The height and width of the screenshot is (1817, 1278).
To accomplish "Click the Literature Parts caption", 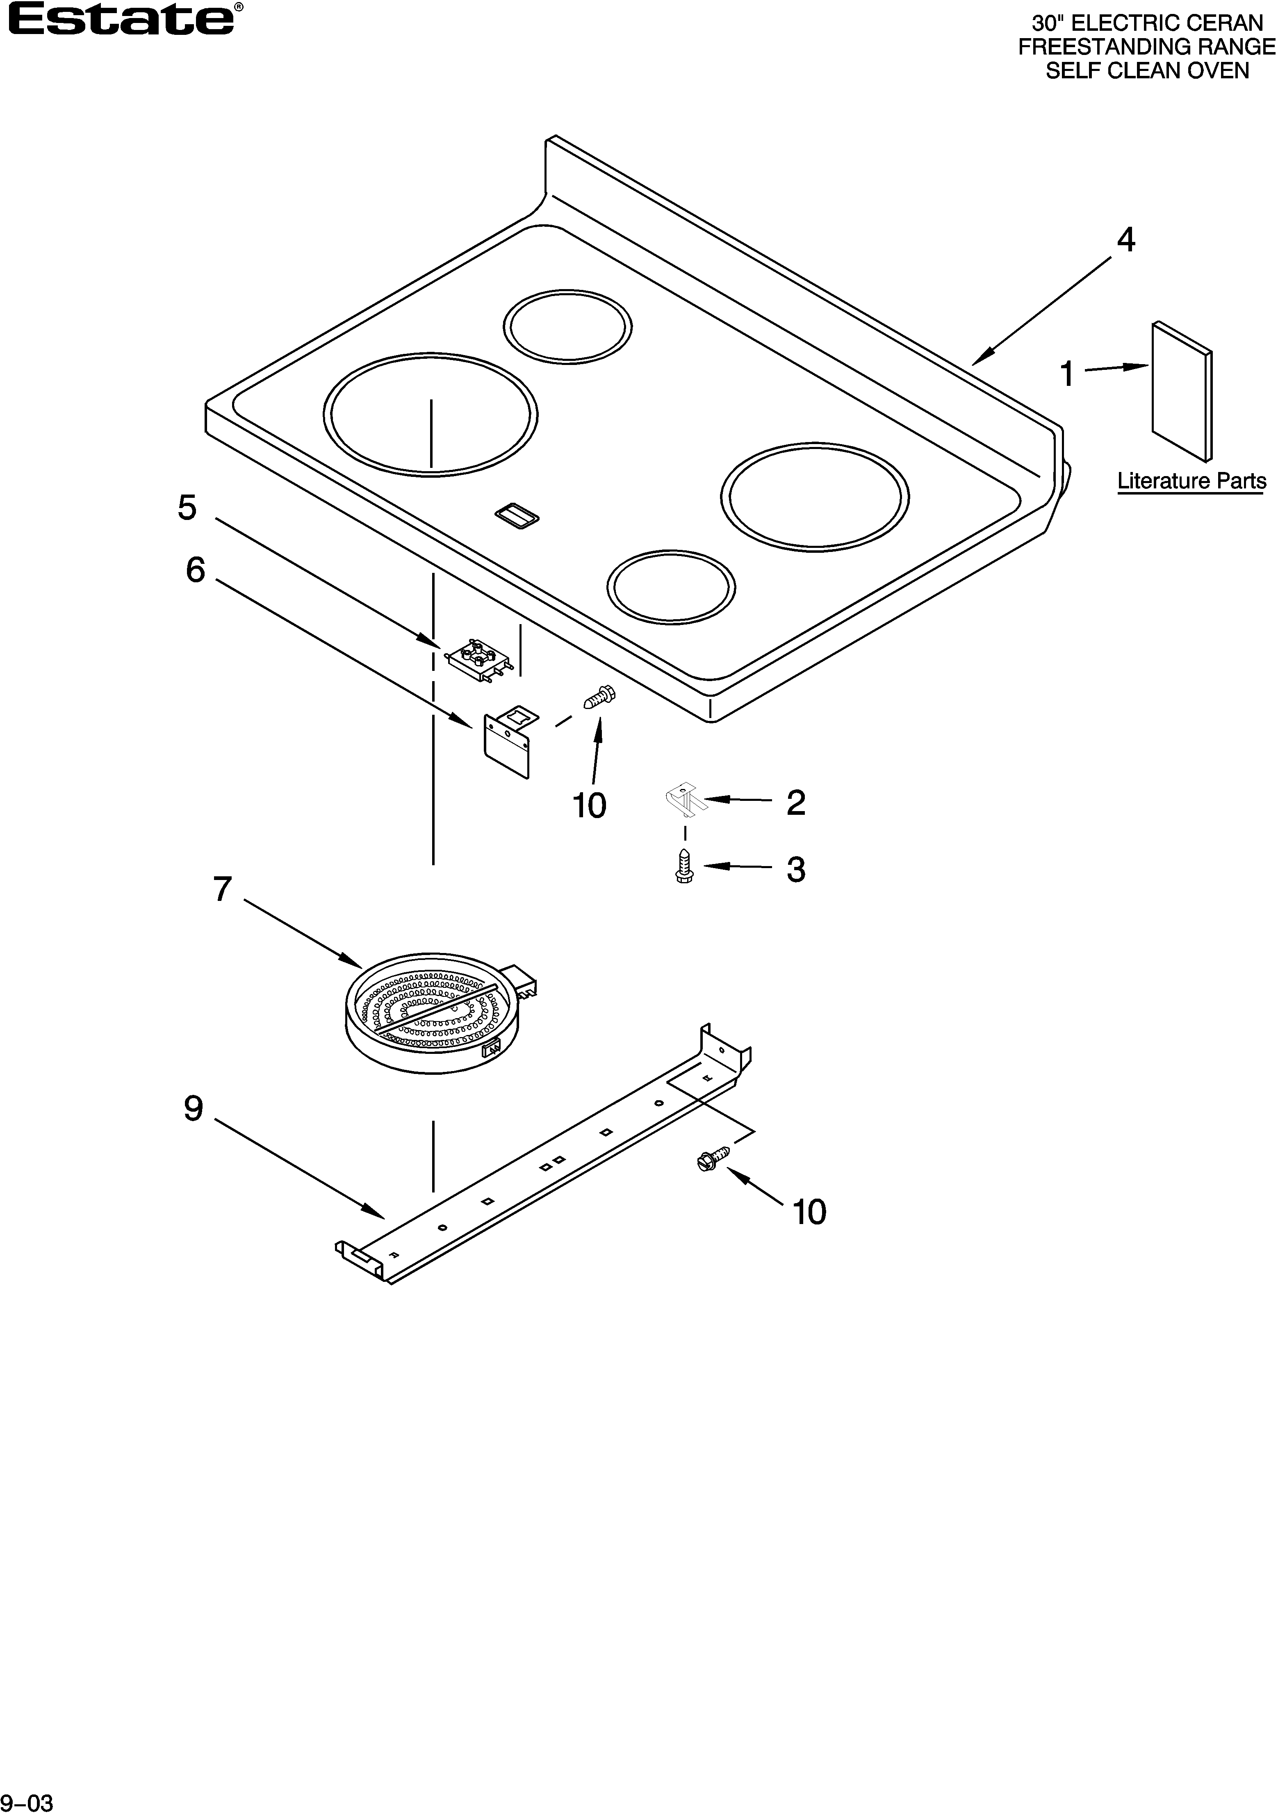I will [1191, 481].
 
